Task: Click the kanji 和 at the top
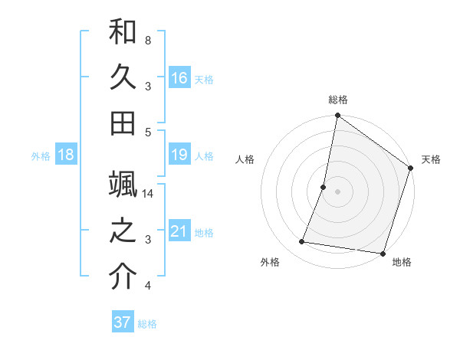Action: tap(123, 32)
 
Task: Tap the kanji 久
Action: tap(123, 77)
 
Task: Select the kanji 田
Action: tap(123, 122)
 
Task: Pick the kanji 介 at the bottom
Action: tap(123, 277)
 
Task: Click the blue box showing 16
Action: tap(179, 77)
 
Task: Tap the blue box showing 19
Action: tap(179, 155)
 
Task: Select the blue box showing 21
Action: tap(179, 231)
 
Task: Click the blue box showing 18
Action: tap(66, 155)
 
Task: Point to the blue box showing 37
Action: tap(123, 322)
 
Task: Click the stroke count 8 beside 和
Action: tap(147, 40)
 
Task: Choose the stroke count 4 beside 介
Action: tap(147, 286)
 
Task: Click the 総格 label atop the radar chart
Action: tap(338, 100)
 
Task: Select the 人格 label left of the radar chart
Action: tap(245, 159)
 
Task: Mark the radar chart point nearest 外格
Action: tap(302, 242)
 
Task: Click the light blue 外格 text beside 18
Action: tap(40, 156)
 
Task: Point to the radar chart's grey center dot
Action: tap(338, 191)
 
